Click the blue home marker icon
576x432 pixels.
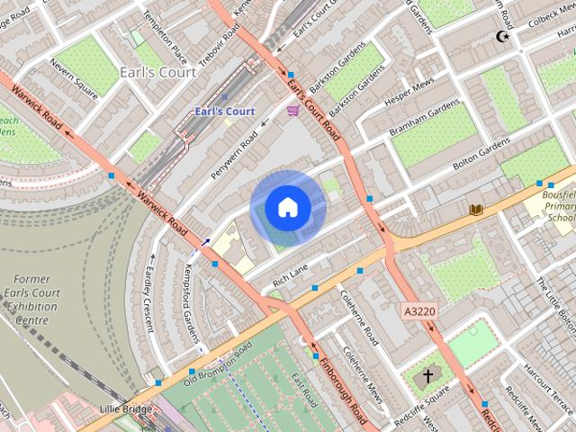click(x=287, y=207)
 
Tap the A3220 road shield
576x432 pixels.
click(x=418, y=310)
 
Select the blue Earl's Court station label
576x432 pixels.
click(x=225, y=111)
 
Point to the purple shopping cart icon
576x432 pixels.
click(x=292, y=110)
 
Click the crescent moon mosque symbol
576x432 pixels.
click(x=502, y=37)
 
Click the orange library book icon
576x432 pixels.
click(x=476, y=210)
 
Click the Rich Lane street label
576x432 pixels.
click(x=290, y=274)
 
